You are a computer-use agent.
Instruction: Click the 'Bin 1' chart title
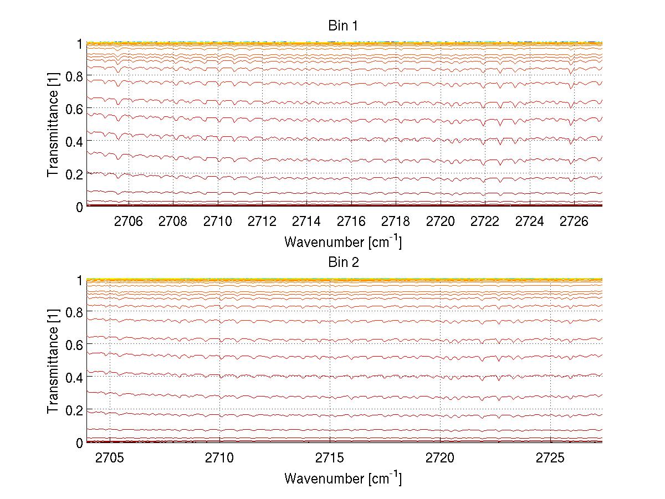tap(343, 25)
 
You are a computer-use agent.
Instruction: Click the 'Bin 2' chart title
tap(343, 262)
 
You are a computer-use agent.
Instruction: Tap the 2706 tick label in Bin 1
tap(129, 222)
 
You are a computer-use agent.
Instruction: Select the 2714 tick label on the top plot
tap(306, 222)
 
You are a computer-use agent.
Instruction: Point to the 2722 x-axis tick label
tap(485, 222)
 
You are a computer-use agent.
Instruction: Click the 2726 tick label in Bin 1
tap(574, 222)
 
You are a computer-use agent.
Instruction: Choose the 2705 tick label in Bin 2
tap(110, 458)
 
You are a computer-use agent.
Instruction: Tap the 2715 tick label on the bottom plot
tap(330, 458)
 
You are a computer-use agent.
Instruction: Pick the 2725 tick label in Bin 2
tap(550, 458)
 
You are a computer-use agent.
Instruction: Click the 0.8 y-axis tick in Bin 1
tap(75, 76)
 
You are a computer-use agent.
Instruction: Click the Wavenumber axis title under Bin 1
tap(343, 241)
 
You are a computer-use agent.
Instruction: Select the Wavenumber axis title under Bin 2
tap(343, 478)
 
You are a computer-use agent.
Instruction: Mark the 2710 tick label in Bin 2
tap(220, 458)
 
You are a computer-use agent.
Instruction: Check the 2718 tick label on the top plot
tap(396, 222)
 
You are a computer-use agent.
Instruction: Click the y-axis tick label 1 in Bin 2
tap(80, 280)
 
